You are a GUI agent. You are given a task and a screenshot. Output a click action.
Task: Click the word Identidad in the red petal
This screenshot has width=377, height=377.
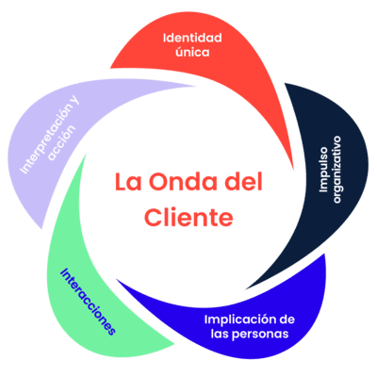coord(192,39)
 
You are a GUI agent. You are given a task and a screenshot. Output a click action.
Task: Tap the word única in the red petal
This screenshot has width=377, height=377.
coord(192,52)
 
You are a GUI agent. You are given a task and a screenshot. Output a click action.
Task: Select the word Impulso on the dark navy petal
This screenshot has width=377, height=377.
coord(323,169)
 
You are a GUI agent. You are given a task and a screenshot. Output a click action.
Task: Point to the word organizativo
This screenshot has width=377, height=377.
coord(336,170)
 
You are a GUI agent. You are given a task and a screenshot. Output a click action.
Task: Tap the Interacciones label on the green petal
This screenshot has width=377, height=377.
coord(88,302)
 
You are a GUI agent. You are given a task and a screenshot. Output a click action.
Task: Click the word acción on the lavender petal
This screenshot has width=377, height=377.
coord(62,143)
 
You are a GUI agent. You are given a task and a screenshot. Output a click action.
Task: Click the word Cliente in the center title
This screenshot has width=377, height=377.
coord(188,217)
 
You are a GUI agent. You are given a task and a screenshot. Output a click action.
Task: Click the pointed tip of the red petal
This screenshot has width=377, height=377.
coord(293,169)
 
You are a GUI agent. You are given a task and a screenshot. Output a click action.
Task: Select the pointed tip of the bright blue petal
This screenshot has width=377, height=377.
coord(117,279)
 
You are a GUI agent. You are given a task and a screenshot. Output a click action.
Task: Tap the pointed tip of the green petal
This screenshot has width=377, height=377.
coord(85,155)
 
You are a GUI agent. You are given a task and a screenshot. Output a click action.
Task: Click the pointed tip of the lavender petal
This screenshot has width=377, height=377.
coord(195,86)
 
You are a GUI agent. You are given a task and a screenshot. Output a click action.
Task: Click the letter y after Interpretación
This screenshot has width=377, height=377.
coord(74,102)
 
